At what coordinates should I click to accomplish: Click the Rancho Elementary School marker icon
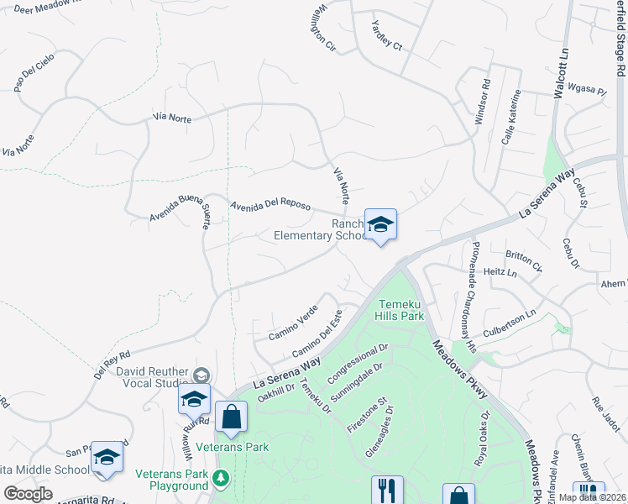[380, 224]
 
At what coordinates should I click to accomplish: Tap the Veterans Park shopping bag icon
[231, 417]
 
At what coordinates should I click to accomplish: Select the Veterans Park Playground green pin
[221, 479]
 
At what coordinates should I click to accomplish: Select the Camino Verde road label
[292, 323]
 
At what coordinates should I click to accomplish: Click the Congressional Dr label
[358, 361]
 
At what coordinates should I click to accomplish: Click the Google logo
[28, 494]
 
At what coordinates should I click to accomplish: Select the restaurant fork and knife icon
[387, 490]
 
